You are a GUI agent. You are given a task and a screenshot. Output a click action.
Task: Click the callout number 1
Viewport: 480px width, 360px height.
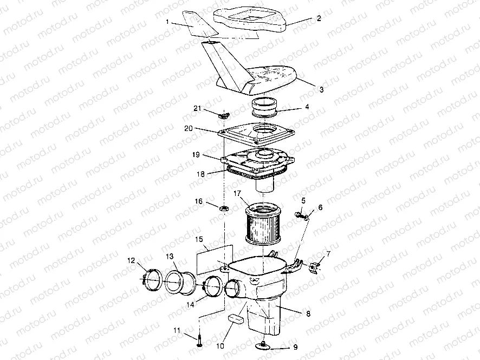point(167,22)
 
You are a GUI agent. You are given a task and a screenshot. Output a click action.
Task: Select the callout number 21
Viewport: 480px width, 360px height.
point(197,108)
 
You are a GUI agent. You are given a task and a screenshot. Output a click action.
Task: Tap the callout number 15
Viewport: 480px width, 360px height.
point(199,239)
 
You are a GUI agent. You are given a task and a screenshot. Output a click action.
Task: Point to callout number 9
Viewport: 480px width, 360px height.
point(295,347)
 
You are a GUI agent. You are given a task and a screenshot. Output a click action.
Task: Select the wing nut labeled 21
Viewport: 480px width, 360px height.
point(223,116)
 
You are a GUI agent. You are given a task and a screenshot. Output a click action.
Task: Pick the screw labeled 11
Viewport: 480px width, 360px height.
point(199,341)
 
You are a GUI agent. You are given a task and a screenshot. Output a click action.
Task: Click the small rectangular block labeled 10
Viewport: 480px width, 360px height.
point(236,319)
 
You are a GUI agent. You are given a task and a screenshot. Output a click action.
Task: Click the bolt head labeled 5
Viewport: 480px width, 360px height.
point(298,214)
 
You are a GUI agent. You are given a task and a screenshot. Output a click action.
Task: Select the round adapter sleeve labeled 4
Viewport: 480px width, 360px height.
point(265,108)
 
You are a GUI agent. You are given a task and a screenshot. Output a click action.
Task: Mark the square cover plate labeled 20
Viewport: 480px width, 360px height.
point(257,133)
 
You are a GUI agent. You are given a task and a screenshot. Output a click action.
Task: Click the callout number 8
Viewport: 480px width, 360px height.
point(308,314)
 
